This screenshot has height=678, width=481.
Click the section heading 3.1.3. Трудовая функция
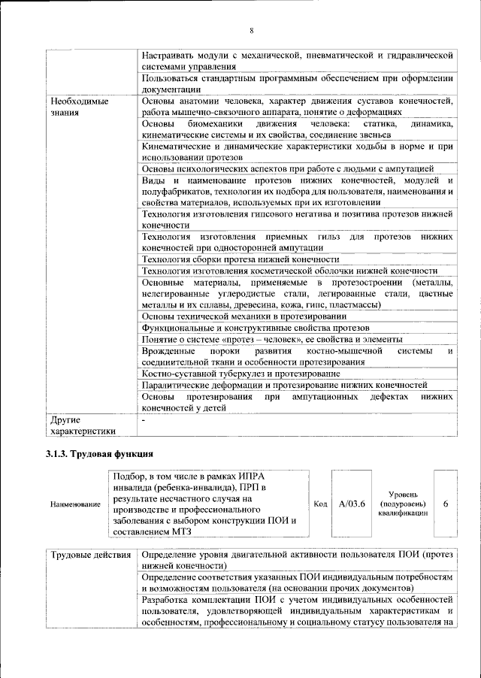(x=100, y=454)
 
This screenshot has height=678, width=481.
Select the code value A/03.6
(x=352, y=504)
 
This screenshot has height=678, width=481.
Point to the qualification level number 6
(x=446, y=504)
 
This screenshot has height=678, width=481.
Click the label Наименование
(x=75, y=504)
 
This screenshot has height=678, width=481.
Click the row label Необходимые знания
(x=78, y=107)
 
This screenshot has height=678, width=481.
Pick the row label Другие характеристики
(x=83, y=425)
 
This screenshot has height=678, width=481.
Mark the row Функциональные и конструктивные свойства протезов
(x=256, y=328)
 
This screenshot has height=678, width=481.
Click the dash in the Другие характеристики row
(x=142, y=419)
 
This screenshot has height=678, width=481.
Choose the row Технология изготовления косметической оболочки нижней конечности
(x=289, y=271)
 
